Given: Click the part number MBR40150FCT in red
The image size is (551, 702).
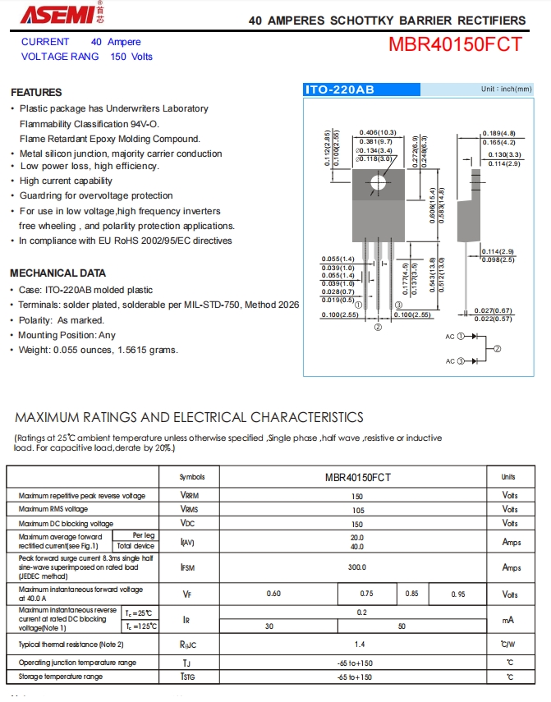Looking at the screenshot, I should [x=455, y=44].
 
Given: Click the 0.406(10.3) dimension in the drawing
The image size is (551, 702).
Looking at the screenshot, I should [x=378, y=132].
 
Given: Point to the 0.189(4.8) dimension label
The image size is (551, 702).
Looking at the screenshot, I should [x=499, y=133].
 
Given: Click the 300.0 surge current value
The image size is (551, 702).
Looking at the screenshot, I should [x=356, y=567].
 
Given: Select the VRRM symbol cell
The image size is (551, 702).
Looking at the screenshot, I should [x=188, y=496].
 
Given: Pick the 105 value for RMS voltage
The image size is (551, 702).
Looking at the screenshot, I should [x=356, y=510].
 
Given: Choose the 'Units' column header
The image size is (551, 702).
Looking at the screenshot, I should [x=508, y=477].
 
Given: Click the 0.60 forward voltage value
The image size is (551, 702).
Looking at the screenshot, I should [x=274, y=594].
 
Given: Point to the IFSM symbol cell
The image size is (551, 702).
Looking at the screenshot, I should [x=188, y=567].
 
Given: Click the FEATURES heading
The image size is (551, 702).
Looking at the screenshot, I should [x=36, y=93].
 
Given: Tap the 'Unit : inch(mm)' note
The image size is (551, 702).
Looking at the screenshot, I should [x=506, y=89].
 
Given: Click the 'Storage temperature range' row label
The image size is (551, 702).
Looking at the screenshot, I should [x=61, y=677].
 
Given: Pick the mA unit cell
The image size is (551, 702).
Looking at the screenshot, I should [x=510, y=620].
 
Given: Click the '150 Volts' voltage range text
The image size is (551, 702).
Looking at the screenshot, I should [x=131, y=57].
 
